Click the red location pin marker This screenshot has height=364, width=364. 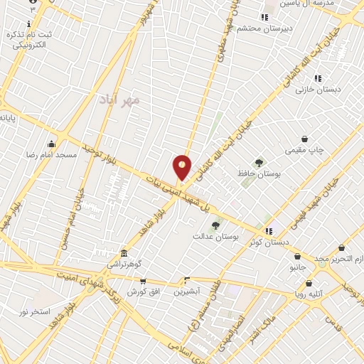pyautogui.click(x=183, y=168)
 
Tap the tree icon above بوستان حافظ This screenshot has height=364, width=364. pyautogui.click(x=259, y=163)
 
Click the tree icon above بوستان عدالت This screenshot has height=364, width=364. pyautogui.click(x=215, y=225)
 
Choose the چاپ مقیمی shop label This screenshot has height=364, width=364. pyautogui.click(x=304, y=150)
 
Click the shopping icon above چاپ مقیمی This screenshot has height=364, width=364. pyautogui.click(x=305, y=139)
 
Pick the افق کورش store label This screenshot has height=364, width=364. pyautogui.click(x=144, y=292)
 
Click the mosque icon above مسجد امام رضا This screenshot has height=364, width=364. pyautogui.click(x=51, y=144)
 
